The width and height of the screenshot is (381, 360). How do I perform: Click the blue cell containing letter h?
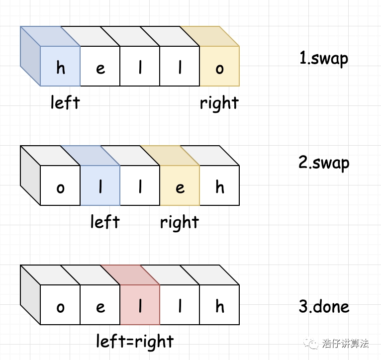60,66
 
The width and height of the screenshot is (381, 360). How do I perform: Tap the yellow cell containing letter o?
219,66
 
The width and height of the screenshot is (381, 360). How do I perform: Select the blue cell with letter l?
100,185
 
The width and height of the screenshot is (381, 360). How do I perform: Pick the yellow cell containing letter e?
180,185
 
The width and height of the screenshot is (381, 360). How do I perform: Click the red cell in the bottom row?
140,305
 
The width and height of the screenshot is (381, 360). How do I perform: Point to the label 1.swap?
324,59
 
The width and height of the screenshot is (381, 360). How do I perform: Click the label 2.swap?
324,163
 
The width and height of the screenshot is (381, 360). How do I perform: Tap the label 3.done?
324,306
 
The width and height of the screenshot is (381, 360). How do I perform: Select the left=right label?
135,342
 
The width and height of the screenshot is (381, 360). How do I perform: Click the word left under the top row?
65,102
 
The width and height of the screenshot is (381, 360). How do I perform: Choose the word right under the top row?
219,103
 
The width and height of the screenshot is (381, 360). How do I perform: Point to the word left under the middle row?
105,222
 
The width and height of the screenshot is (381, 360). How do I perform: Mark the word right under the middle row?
180,222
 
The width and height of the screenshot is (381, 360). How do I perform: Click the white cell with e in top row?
100,66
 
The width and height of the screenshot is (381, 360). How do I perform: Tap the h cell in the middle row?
219,185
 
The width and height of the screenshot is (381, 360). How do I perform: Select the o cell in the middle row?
60,185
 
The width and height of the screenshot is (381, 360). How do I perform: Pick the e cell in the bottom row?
100,305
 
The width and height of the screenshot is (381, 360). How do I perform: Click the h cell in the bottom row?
219,305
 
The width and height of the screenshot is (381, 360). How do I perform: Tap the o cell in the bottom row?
60,305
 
